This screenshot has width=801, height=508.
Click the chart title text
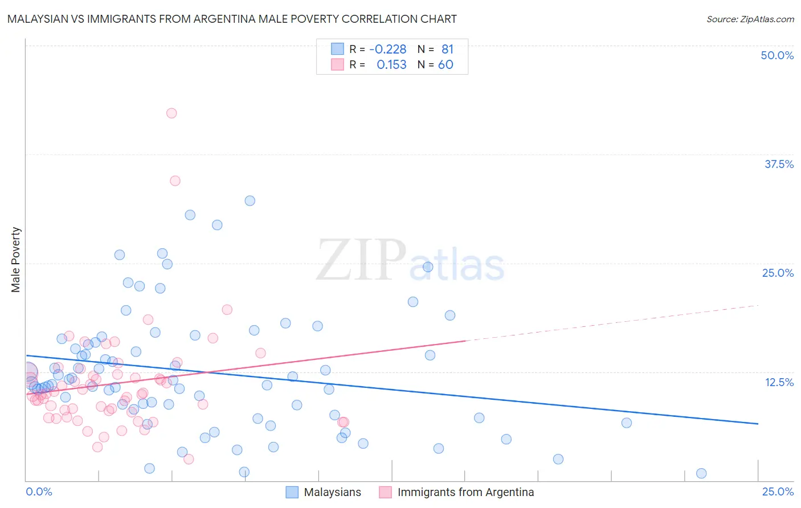(232, 19)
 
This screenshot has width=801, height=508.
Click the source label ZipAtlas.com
(750, 19)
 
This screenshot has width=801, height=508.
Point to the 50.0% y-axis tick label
(777, 55)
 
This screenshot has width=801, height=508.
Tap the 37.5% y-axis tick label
(779, 164)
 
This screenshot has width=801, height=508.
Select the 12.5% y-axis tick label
(779, 382)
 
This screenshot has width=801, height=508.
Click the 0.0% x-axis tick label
(39, 491)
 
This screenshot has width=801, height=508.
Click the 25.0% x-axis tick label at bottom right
(778, 491)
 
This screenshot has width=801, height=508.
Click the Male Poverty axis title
(16, 260)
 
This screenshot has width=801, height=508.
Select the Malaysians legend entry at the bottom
(332, 492)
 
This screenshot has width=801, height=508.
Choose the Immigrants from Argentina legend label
(465, 492)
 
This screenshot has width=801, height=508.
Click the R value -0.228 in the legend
(388, 50)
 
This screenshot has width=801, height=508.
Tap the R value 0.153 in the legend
(391, 65)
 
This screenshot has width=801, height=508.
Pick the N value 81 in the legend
(447, 50)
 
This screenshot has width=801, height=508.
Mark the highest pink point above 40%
(171, 113)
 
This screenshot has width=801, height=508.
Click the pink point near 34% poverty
(175, 181)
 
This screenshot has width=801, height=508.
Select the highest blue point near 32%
(250, 200)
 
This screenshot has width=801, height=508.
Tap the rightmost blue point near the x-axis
(701, 473)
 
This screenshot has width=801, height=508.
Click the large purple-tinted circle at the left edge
(28, 372)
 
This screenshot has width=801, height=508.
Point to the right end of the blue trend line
(758, 424)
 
